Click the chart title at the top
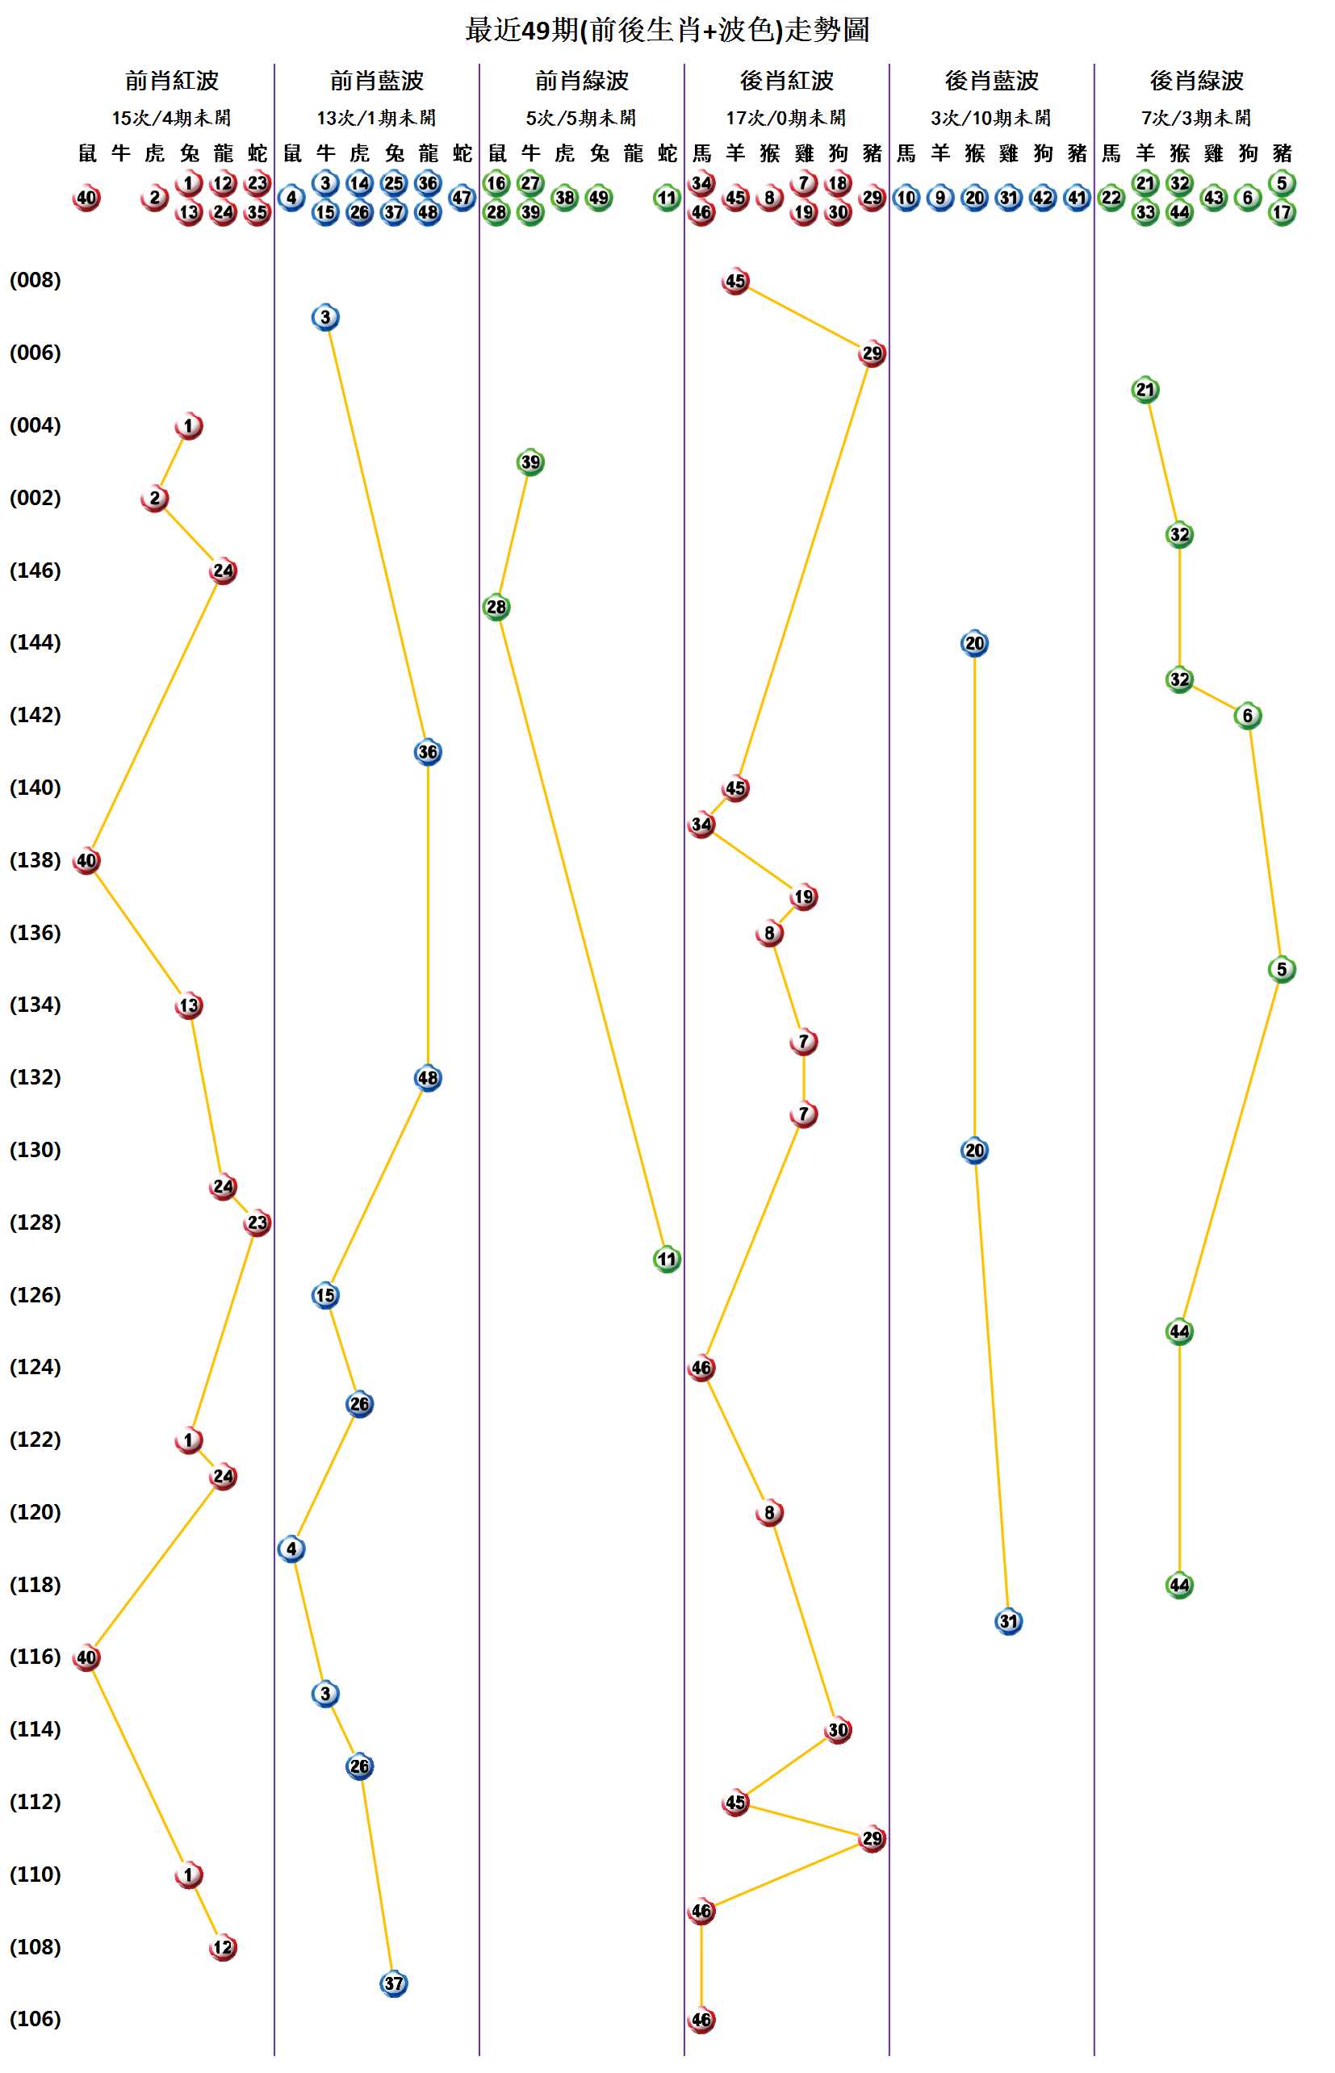click(667, 31)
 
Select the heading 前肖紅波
click(172, 81)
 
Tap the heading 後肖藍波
click(991, 81)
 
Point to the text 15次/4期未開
click(172, 118)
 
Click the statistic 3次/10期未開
click(991, 118)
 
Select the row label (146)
click(36, 570)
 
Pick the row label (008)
click(36, 280)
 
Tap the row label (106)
click(36, 2019)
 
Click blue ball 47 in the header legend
click(462, 198)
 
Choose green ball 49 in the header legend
click(599, 198)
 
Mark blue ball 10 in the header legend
click(906, 198)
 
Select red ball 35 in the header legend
click(257, 212)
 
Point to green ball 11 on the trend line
click(667, 1260)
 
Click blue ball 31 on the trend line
click(1008, 1621)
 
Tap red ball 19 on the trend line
click(804, 897)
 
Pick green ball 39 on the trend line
click(530, 462)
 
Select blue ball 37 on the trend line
click(394, 1983)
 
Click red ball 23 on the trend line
click(257, 1222)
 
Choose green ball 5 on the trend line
click(1281, 969)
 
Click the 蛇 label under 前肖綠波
click(667, 153)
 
